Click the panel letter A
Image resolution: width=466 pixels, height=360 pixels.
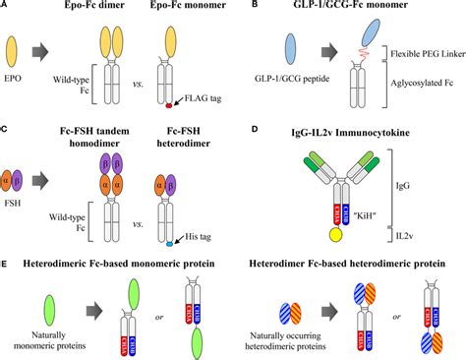(6, 6)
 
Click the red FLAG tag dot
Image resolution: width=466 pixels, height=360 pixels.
(171, 102)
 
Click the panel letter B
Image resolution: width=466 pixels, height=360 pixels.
(246, 6)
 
